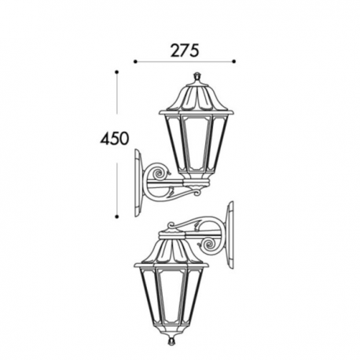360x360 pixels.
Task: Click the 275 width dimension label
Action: pos(185,50)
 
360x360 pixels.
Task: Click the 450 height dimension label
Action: pos(115,138)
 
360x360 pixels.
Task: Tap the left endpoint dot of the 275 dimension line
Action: pos(135,61)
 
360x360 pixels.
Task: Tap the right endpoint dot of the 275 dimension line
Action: pos(234,61)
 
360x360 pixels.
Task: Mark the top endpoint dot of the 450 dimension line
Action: pos(117,72)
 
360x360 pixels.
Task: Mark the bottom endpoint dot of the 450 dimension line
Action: pos(117,217)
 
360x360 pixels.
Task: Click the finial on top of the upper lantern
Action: pos(197,78)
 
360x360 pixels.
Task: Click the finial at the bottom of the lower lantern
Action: pos(171,340)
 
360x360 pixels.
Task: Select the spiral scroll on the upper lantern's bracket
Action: pos(159,173)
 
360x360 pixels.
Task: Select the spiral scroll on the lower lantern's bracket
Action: pos(209,244)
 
